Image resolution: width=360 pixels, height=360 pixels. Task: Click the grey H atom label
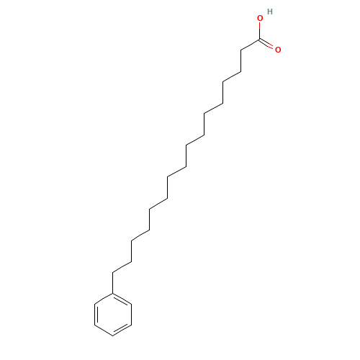[x=270, y=12]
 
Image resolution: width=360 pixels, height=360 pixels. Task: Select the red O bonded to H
[x=260, y=18]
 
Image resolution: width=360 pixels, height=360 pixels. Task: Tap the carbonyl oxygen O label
[x=278, y=50]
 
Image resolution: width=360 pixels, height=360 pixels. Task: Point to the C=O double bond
[x=266, y=44]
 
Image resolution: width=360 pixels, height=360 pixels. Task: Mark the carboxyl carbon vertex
[x=259, y=40]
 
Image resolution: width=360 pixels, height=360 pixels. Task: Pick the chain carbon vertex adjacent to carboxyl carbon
[x=241, y=50]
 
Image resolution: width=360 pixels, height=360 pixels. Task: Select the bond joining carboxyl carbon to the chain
[x=250, y=45]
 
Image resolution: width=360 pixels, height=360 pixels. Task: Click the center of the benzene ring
[x=113, y=315]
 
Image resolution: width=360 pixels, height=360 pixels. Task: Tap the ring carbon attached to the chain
[x=113, y=293]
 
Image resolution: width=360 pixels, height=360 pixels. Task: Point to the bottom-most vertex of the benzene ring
[x=113, y=336]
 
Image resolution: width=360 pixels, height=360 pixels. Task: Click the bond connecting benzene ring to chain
[x=113, y=283]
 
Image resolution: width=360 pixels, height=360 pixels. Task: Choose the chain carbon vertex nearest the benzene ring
[x=113, y=273]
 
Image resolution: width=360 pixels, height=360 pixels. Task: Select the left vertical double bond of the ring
[x=96, y=315]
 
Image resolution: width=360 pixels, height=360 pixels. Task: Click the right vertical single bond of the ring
[x=132, y=315]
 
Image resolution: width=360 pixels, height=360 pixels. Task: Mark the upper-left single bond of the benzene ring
[x=104, y=299]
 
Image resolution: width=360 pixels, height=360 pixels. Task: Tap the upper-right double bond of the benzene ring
[x=122, y=299]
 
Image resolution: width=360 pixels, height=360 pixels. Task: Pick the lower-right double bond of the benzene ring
[x=122, y=330]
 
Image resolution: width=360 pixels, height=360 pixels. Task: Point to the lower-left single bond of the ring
[x=104, y=330]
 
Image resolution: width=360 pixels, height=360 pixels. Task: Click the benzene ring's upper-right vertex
[x=132, y=304]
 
